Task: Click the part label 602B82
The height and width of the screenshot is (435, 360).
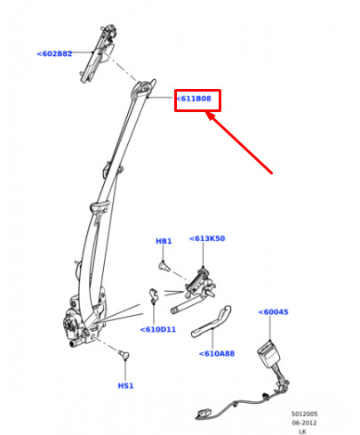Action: [x=54, y=53]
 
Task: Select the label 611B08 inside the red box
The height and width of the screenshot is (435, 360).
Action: [x=194, y=99]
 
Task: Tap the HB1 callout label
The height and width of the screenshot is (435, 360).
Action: [x=164, y=241]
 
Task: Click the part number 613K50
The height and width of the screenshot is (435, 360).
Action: [x=207, y=238]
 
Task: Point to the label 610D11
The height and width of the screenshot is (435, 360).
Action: [x=158, y=329]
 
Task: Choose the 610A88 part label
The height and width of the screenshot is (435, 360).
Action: [x=217, y=353]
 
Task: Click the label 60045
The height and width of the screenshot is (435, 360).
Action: [x=273, y=312]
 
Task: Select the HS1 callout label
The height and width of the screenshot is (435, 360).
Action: [x=125, y=386]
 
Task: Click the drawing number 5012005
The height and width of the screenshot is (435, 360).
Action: [x=304, y=414]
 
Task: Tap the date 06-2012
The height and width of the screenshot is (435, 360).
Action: [x=304, y=423]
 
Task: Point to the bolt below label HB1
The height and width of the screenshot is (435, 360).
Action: [x=164, y=266]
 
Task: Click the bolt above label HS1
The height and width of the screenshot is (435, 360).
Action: [x=124, y=354]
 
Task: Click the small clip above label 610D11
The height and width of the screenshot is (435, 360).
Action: [x=153, y=296]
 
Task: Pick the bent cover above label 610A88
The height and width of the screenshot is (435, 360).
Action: [x=212, y=322]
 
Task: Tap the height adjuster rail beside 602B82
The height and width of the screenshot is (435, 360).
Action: [x=99, y=52]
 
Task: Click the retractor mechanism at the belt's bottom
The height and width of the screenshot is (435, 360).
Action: [x=84, y=318]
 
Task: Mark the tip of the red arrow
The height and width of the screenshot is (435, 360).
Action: [x=206, y=112]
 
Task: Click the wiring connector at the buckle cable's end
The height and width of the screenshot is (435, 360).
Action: [x=204, y=413]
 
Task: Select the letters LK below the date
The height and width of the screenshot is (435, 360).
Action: [x=302, y=431]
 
